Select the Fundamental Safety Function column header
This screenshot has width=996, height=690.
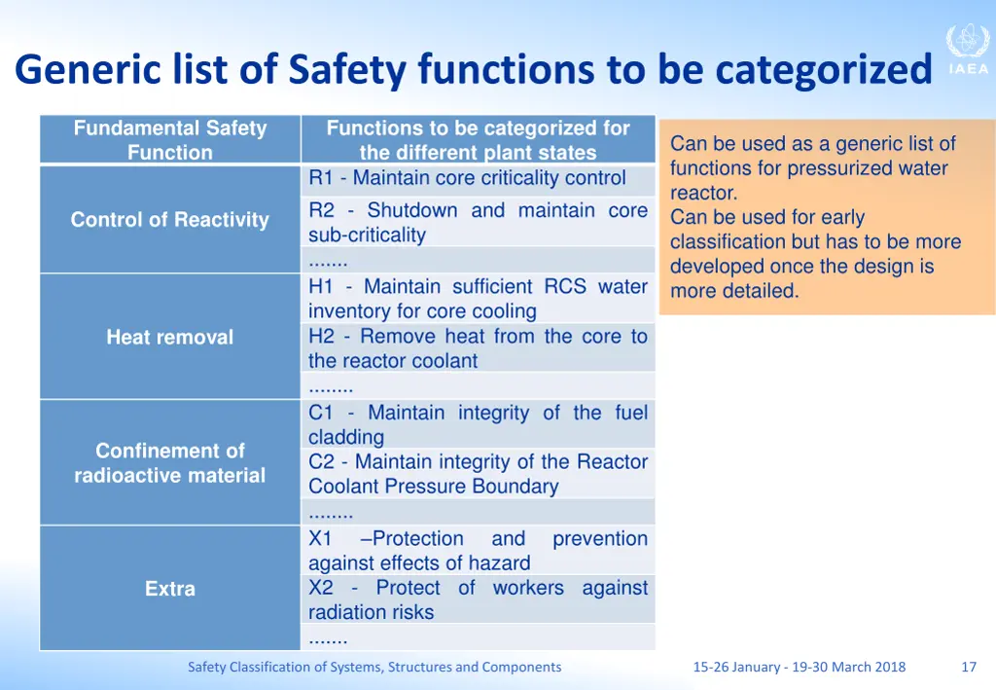click(170, 140)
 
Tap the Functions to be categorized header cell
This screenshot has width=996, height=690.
click(478, 140)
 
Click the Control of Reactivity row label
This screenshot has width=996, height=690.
click(170, 220)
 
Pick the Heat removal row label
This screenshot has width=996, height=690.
click(170, 338)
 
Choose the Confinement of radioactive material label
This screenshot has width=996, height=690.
click(170, 463)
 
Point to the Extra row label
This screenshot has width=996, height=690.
click(170, 589)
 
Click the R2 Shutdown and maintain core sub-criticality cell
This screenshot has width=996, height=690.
click(478, 222)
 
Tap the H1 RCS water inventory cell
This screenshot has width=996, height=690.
click(478, 299)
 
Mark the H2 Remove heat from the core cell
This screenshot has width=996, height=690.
click(478, 347)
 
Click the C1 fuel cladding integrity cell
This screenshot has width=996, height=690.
click(478, 424)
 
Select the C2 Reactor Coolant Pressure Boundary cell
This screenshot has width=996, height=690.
click(478, 474)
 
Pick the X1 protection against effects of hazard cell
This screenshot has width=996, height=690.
click(478, 550)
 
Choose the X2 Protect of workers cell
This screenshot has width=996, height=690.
click(478, 599)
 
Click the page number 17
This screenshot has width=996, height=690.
click(968, 667)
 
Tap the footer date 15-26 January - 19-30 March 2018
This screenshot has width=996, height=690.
click(799, 667)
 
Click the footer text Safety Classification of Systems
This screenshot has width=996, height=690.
click(374, 667)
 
